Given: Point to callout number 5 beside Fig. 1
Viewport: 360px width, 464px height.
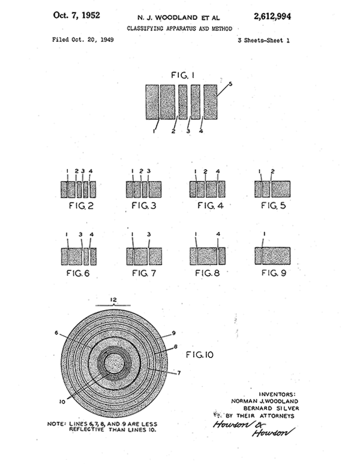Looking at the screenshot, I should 230,84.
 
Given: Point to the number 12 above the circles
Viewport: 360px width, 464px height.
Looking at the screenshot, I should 113,299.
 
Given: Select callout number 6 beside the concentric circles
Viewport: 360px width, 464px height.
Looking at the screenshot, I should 57,333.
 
